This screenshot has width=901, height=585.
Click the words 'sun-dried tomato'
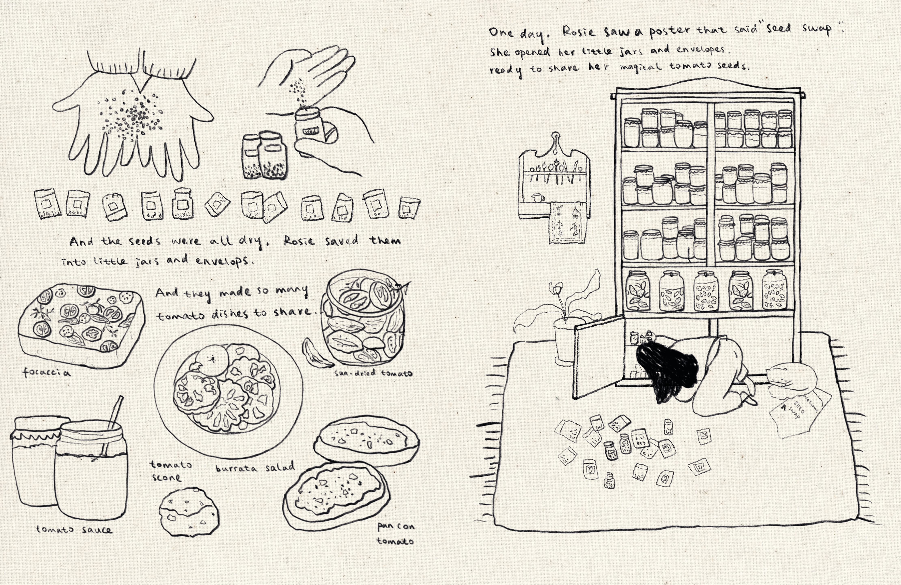pos(373,373)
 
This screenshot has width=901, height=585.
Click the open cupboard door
pos(598,358)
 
